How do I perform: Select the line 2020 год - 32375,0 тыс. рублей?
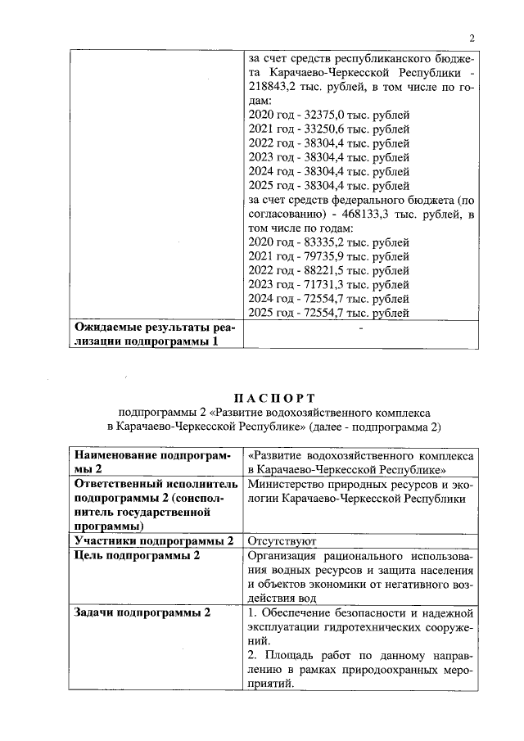327,115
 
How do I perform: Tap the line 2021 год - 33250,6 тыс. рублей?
327,129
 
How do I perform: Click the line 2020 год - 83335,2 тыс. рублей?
327,242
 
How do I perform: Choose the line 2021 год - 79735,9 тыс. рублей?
327,256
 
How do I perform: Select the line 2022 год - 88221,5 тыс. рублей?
327,270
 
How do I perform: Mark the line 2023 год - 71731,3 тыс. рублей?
327,284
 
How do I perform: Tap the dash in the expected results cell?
360,328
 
